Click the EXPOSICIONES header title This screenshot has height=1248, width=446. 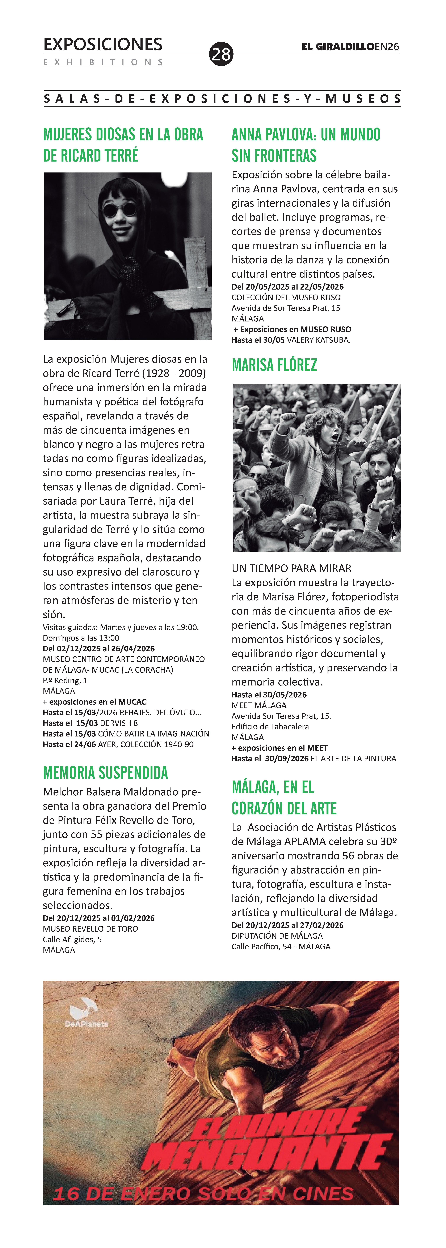[x=103, y=45]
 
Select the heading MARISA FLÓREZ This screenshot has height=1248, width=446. [x=274, y=365]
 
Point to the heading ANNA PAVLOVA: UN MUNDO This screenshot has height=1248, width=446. [x=306, y=135]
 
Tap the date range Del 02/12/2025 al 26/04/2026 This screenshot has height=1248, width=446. [x=99, y=648]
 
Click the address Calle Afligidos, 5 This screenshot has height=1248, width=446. [x=72, y=939]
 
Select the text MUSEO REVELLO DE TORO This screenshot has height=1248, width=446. [x=90, y=929]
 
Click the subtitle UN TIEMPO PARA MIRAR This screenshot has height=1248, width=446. [x=291, y=568]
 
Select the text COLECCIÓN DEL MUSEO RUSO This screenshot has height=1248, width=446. [x=286, y=298]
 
